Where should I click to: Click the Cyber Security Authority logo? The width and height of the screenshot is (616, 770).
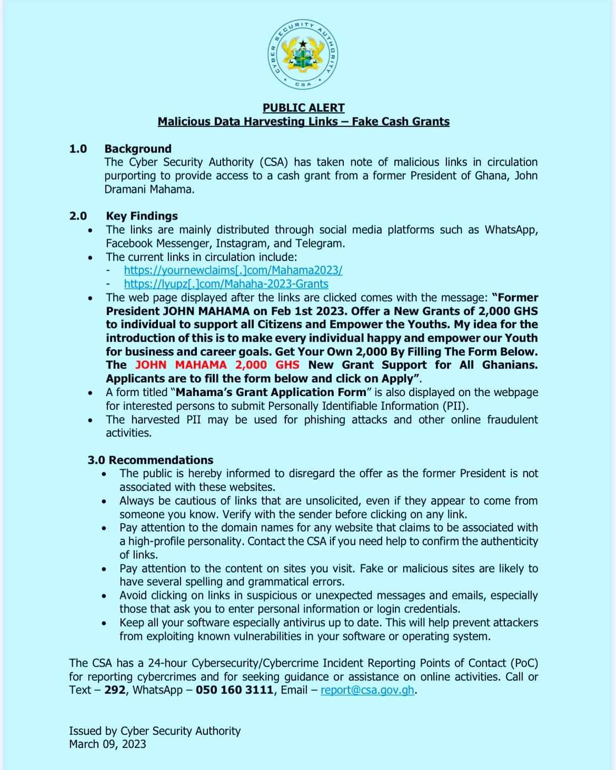[303, 54]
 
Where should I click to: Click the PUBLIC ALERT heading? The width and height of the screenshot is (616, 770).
[304, 108]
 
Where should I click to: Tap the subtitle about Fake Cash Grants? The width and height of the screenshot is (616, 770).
[304, 122]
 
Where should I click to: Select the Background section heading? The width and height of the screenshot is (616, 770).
[138, 148]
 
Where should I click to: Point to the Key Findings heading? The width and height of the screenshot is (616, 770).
[142, 216]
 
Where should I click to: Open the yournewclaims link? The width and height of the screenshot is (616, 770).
[233, 270]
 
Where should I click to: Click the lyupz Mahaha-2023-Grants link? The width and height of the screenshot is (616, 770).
[226, 284]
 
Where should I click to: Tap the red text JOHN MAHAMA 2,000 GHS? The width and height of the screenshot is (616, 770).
[217, 365]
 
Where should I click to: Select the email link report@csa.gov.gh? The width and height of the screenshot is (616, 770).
[367, 690]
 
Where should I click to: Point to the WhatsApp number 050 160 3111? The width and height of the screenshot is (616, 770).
[234, 690]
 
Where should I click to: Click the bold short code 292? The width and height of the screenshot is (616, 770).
[115, 690]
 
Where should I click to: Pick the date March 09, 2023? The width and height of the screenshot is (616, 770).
[108, 744]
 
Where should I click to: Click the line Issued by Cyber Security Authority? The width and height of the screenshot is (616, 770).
[155, 731]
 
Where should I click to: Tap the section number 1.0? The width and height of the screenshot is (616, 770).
[78, 148]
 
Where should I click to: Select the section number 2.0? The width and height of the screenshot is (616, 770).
[78, 216]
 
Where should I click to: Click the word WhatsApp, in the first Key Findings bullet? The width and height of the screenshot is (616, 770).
[511, 230]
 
